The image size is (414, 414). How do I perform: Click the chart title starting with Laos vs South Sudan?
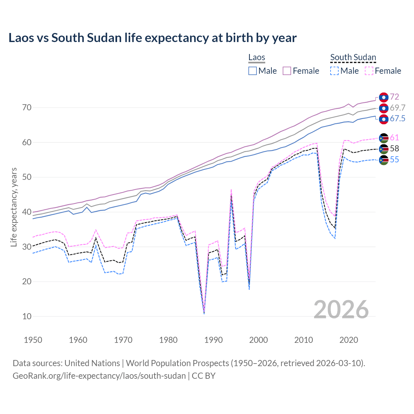pyautogui.click(x=152, y=38)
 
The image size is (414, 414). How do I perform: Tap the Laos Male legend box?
pyautogui.click(x=253, y=71)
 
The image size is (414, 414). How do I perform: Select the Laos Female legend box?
pyautogui.click(x=287, y=71)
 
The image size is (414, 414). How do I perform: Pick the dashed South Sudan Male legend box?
pyautogui.click(x=334, y=71)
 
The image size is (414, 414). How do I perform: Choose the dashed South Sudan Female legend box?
pyautogui.click(x=369, y=71)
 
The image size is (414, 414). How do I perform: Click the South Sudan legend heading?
pyautogui.click(x=353, y=57)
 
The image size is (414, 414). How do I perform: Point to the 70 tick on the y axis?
pyautogui.click(x=27, y=108)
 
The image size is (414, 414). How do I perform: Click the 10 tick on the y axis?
pyautogui.click(x=27, y=316)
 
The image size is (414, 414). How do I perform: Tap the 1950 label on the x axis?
pyautogui.click(x=33, y=340)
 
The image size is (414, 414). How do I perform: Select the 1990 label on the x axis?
pyautogui.click(x=213, y=340)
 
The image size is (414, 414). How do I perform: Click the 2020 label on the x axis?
pyautogui.click(x=349, y=340)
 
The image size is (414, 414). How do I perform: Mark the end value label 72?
pyautogui.click(x=394, y=97)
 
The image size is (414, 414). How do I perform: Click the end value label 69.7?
pyautogui.click(x=397, y=108)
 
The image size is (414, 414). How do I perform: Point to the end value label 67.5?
pyautogui.click(x=397, y=119)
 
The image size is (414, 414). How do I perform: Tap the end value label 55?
pyautogui.click(x=394, y=159)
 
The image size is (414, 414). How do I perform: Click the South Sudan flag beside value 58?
pyautogui.click(x=384, y=149)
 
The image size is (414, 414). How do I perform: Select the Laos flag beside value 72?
pyautogui.click(x=384, y=97)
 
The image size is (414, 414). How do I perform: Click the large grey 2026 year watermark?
pyautogui.click(x=341, y=310)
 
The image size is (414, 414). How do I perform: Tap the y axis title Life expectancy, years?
pyautogui.click(x=14, y=207)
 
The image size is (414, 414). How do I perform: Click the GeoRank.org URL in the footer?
pyautogui.click(x=99, y=376)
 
